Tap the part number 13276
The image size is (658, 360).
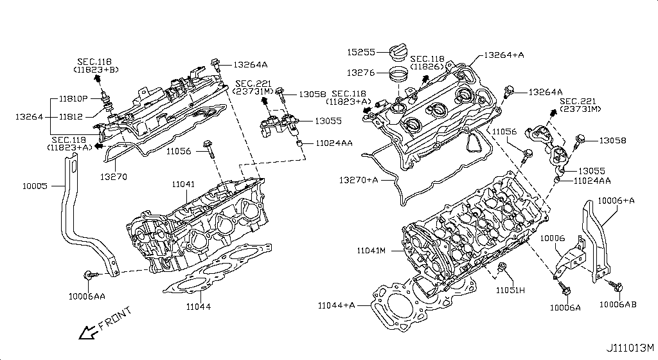[362, 73]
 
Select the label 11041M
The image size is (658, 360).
[371, 249]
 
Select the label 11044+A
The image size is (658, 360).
[336, 305]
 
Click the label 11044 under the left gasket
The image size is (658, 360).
[198, 307]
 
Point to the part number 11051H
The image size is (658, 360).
[510, 291]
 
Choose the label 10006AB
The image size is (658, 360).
[618, 303]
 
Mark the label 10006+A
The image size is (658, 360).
[616, 201]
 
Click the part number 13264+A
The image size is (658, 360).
[504, 55]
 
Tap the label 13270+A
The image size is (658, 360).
[359, 179]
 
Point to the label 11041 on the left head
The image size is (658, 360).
[183, 184]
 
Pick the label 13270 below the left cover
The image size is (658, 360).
[114, 175]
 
